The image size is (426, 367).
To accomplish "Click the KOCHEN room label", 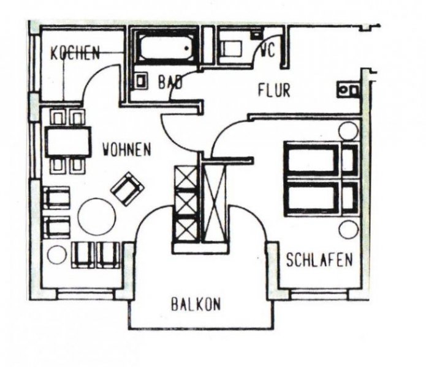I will [x=75, y=53].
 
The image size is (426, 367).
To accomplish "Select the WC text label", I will [x=267, y=51].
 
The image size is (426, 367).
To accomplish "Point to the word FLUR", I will [x=273, y=92].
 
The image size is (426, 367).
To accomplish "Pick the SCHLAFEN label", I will [x=319, y=261].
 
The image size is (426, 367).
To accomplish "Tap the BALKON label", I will [x=196, y=304].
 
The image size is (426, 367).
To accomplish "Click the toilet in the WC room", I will [x=232, y=48].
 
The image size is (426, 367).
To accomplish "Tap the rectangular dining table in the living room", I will [x=67, y=141].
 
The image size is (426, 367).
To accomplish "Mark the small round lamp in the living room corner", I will [x=56, y=254].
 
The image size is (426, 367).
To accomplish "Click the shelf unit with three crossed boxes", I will [x=184, y=203].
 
